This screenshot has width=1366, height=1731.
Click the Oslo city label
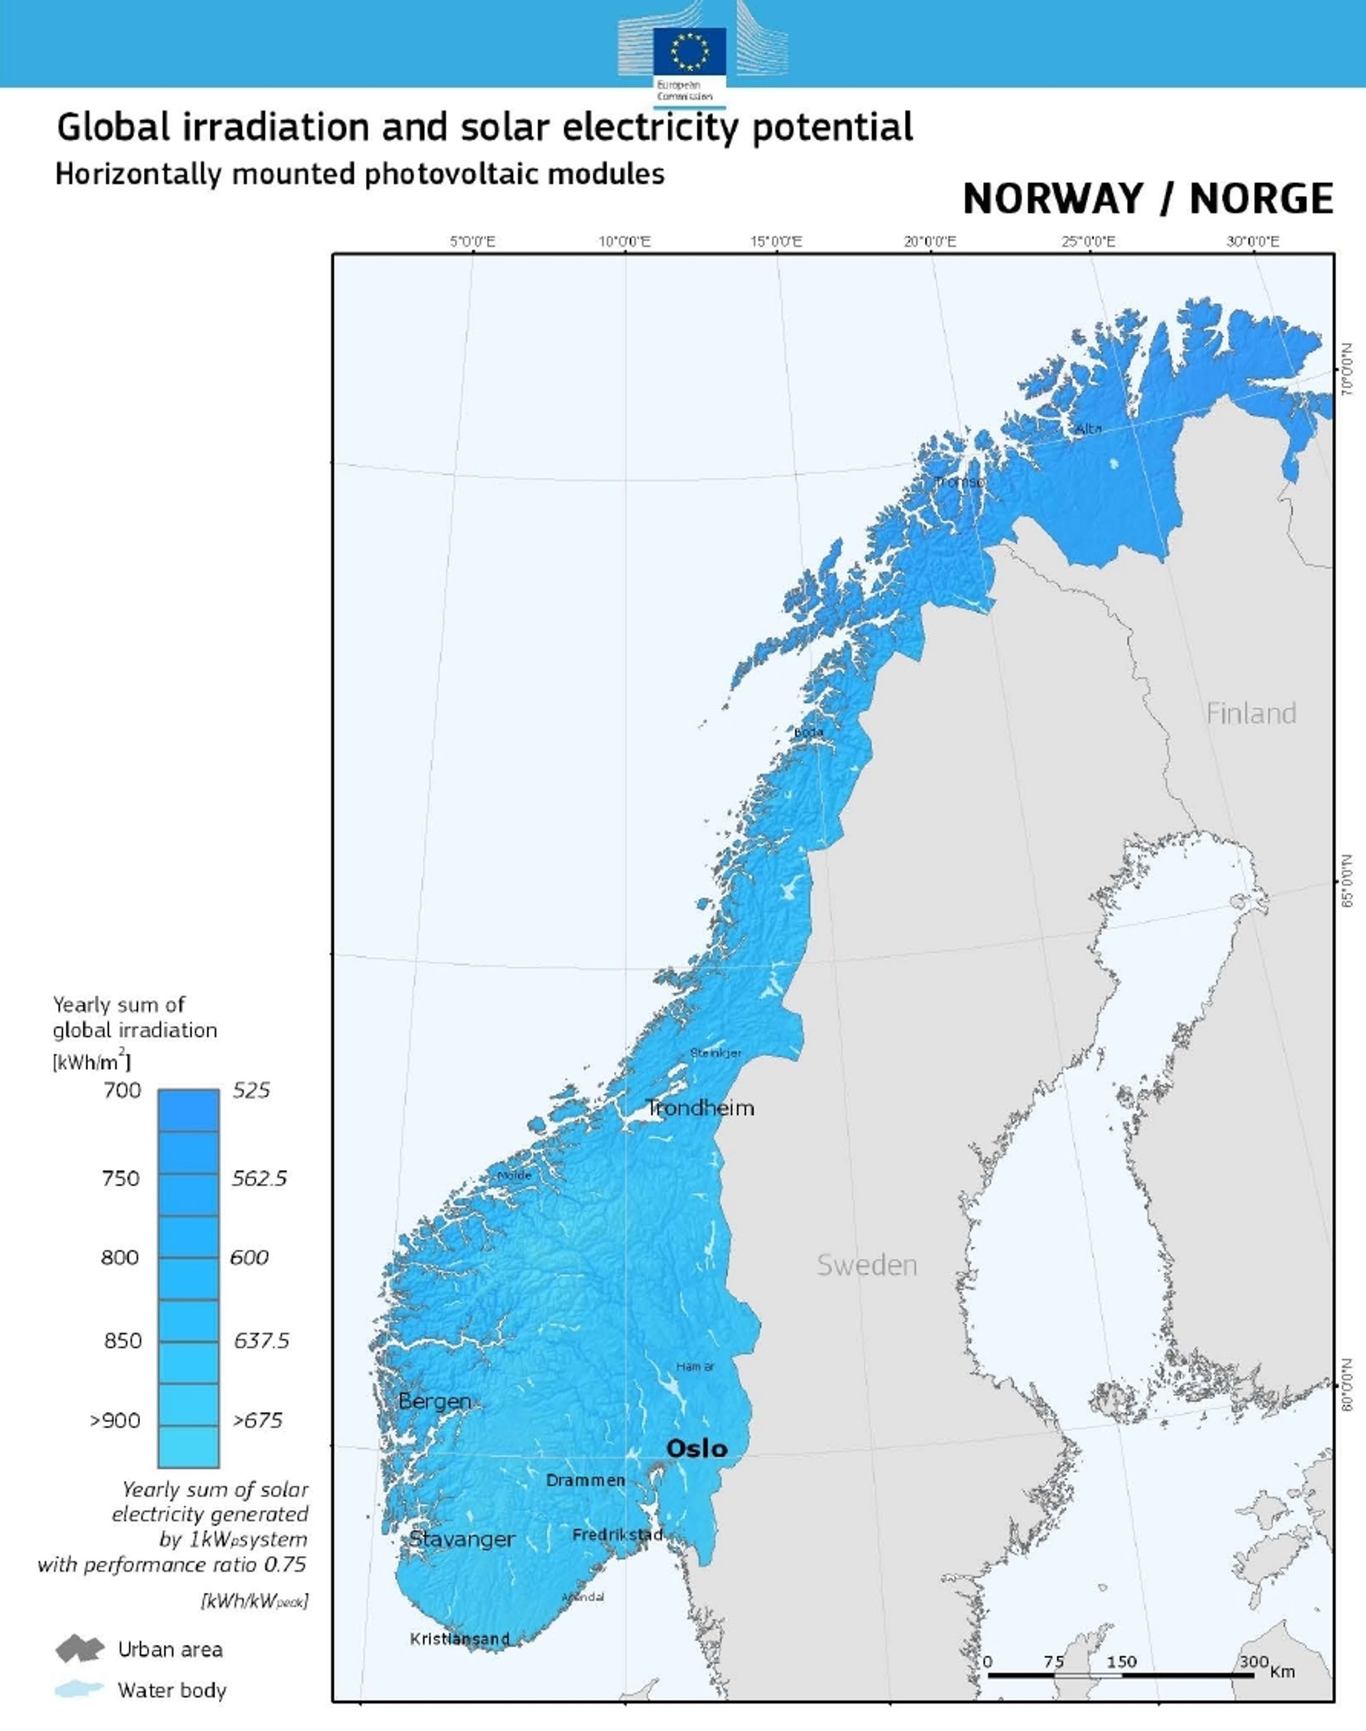(x=697, y=1449)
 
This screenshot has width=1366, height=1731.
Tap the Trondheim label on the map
(x=700, y=1108)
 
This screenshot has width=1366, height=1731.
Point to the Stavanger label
(x=462, y=1539)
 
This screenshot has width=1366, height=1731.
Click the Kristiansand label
(x=460, y=1639)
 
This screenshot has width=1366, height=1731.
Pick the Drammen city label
(x=585, y=1480)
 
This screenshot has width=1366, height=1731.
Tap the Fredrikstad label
(x=617, y=1535)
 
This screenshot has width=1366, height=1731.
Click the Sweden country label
(x=866, y=1265)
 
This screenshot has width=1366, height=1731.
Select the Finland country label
(x=1251, y=714)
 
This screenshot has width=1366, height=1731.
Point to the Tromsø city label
(x=960, y=482)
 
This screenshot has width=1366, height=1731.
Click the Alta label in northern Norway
(x=1089, y=429)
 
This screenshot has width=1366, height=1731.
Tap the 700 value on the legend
(x=122, y=1090)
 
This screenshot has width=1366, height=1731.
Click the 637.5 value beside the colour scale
(x=261, y=1341)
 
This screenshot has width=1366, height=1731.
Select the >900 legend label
(x=115, y=1421)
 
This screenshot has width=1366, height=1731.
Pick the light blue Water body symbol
(x=79, y=1689)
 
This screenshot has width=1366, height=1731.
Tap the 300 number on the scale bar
(x=1254, y=1661)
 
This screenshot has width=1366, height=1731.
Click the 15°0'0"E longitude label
(x=776, y=242)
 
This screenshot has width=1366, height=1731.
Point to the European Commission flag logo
(x=689, y=50)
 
